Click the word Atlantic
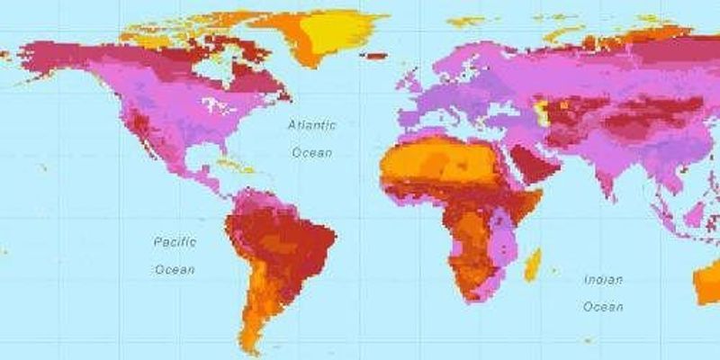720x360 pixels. [x=310, y=125]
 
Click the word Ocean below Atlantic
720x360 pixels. [x=311, y=153]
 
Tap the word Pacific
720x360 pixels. [x=175, y=242]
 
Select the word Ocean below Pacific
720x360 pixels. [x=175, y=269]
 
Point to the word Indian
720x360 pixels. [x=603, y=280]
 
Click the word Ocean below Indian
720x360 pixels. [x=603, y=307]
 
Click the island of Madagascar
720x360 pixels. [x=533, y=265]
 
